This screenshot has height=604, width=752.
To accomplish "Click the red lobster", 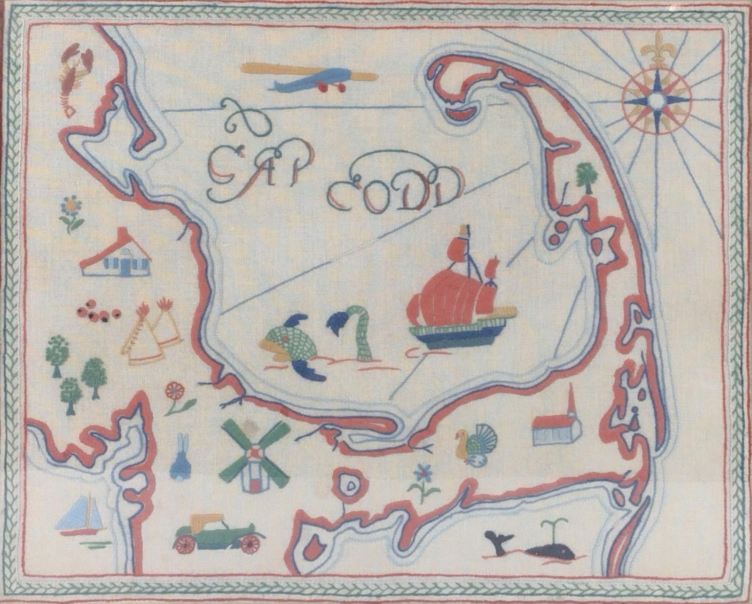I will (75, 77).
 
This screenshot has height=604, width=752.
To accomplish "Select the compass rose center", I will (656, 100).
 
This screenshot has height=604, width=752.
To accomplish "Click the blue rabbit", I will (180, 458).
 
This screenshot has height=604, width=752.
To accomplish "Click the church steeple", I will (571, 404).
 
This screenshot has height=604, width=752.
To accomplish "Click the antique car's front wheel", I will (250, 543).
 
